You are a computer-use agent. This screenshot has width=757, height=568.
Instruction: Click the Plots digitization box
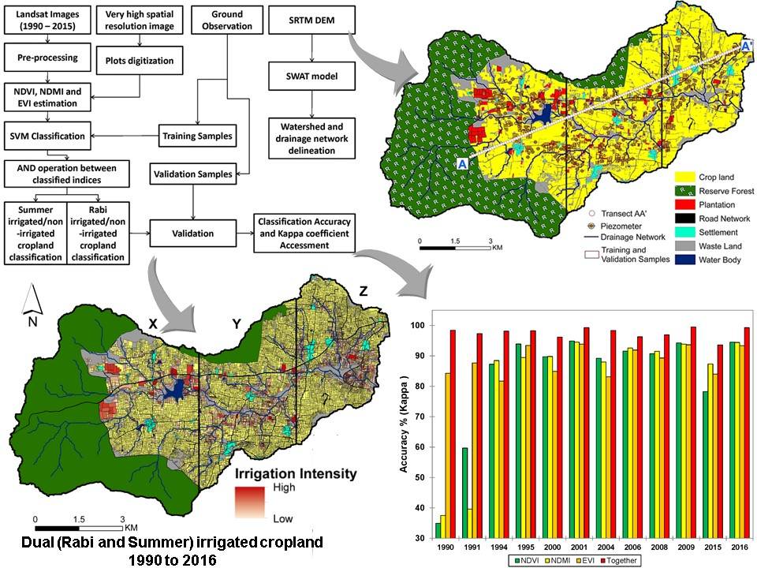click(x=140, y=60)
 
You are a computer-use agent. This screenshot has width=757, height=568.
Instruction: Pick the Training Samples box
click(x=197, y=136)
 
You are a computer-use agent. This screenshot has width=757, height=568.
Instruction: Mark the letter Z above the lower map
click(x=364, y=290)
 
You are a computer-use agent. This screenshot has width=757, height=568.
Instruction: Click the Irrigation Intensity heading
click(x=296, y=475)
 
